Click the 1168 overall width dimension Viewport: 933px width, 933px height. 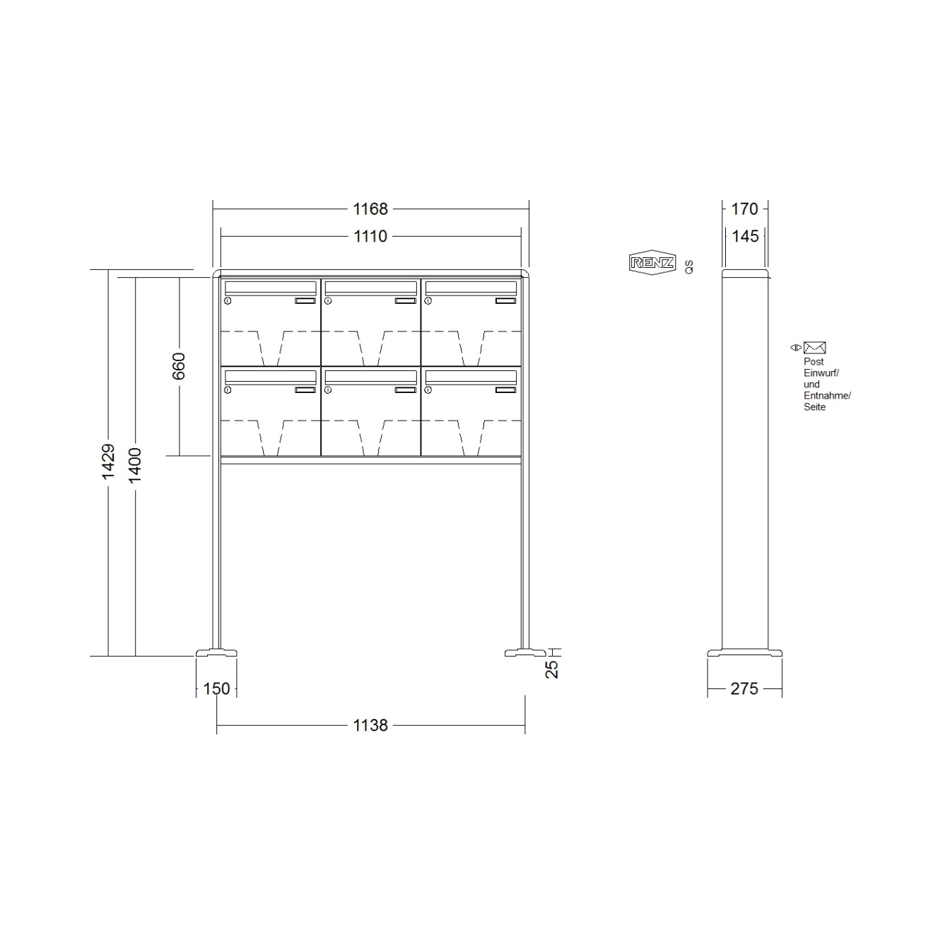370,209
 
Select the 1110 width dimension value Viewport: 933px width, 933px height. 370,236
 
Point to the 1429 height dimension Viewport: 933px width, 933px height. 108,462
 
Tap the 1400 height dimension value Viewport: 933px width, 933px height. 135,465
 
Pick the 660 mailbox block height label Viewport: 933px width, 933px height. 179,365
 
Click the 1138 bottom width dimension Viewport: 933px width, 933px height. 370,725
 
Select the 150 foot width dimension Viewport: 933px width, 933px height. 216,688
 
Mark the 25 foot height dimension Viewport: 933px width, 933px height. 552,668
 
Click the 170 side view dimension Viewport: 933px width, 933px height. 744,209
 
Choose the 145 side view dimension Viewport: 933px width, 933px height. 745,236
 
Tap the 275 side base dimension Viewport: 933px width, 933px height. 744,688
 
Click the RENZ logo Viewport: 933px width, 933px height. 652,263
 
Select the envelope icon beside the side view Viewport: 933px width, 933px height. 814,348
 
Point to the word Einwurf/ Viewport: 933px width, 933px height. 821,373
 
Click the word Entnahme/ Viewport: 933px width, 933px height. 827,396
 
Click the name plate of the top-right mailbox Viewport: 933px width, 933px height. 506,301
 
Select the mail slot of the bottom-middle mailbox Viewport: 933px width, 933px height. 370,377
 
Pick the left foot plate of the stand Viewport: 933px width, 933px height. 216,653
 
